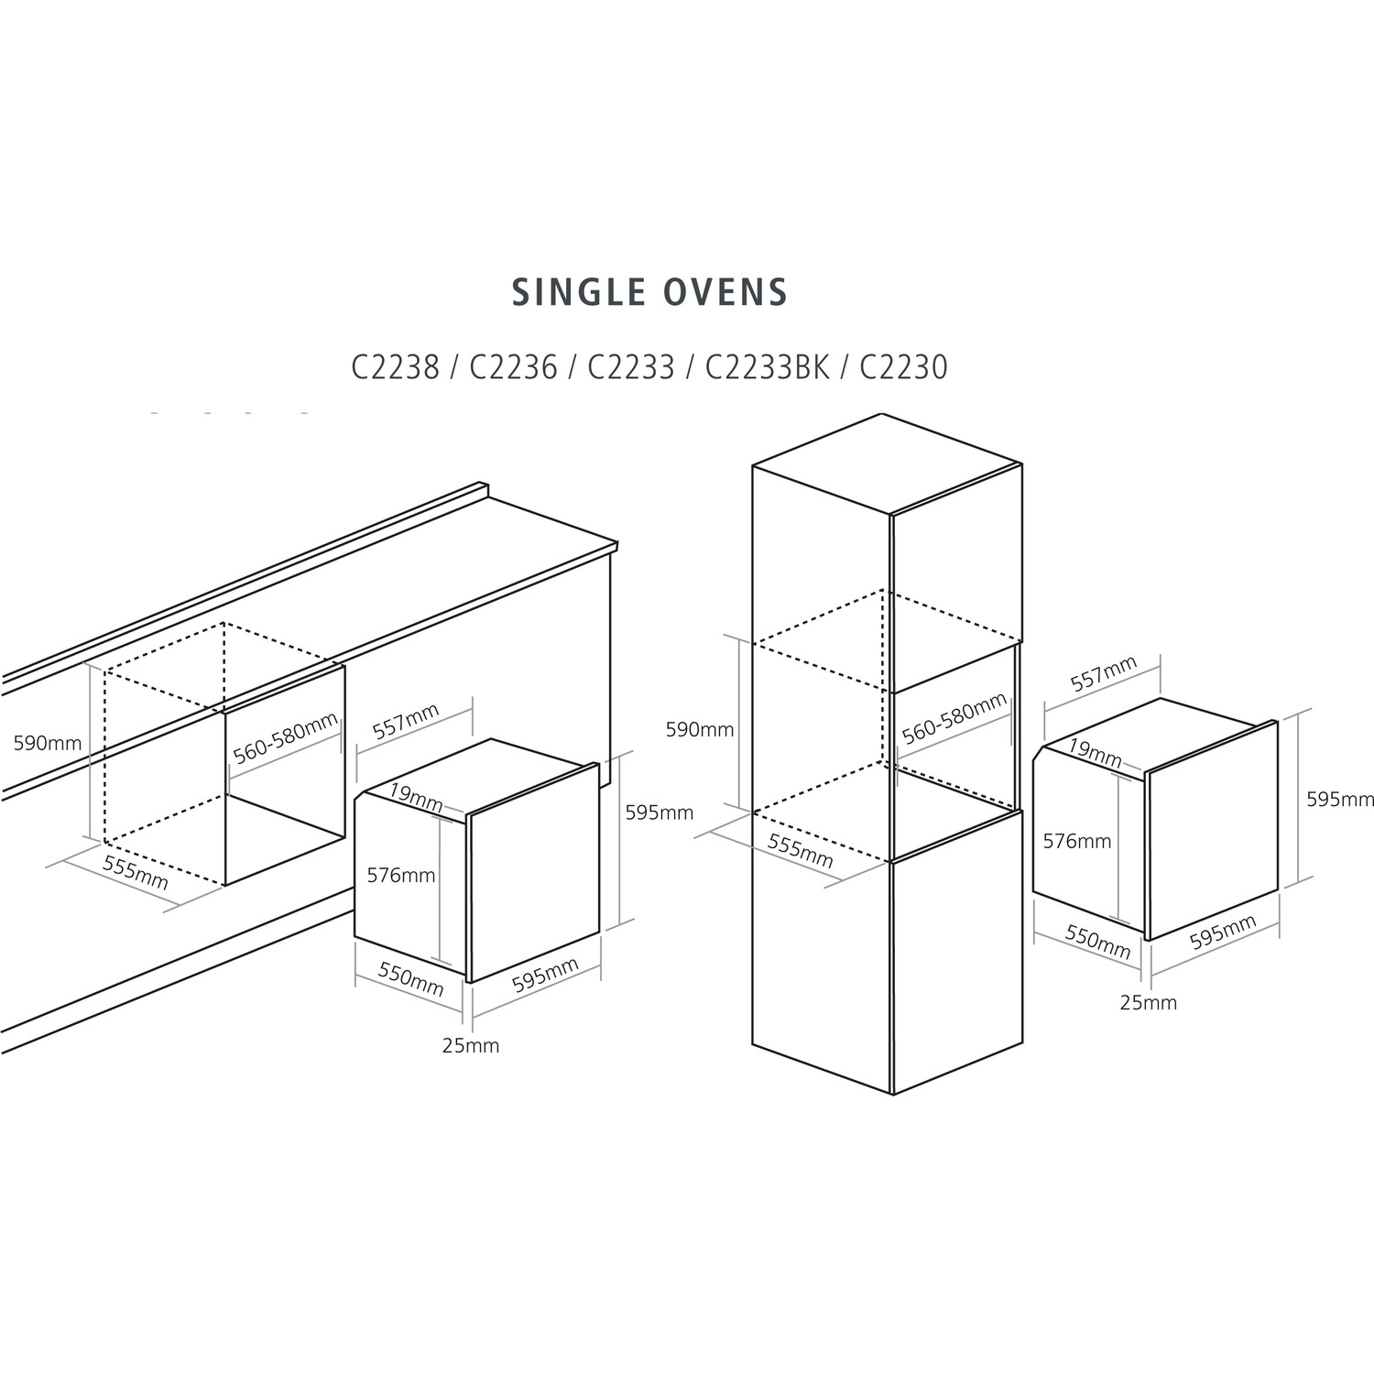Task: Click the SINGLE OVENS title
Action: pos(649,292)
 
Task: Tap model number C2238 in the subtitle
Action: pos(395,367)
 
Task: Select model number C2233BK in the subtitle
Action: pos(768,367)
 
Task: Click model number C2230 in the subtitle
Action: pos(903,367)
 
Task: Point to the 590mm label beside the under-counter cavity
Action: pos(48,743)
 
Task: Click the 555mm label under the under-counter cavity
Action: pos(136,873)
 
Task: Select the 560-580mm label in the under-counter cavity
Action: pos(285,738)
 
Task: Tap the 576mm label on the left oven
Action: pos(401,875)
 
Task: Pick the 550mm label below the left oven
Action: pos(410,980)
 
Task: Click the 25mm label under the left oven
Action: pos(471,1045)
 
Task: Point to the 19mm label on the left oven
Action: pos(415,797)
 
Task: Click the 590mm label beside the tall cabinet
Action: pos(700,729)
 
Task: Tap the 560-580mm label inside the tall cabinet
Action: pos(954,719)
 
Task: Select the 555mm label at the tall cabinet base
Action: pos(801,852)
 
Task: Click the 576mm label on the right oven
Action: pos(1077,841)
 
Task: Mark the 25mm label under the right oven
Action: pos(1149,1002)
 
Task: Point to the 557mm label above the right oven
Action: pos(1104,673)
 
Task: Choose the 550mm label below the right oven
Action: pos(1098,942)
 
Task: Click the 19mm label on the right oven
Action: pos(1095,753)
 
